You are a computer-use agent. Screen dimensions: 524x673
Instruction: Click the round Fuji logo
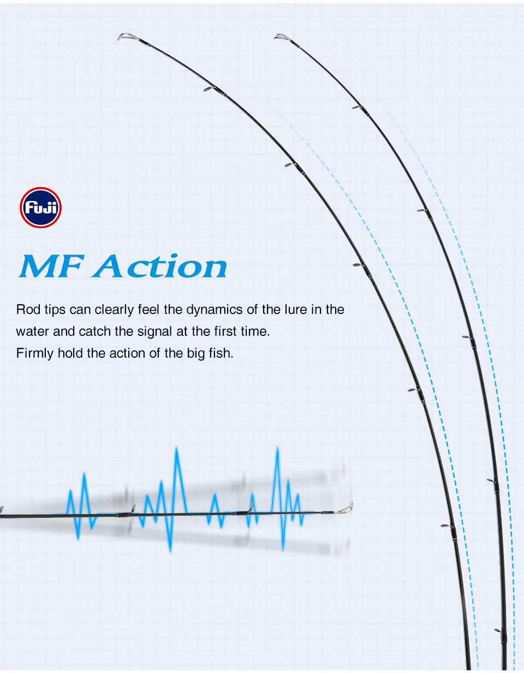[40, 208]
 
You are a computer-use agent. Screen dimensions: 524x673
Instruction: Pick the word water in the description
[33, 332]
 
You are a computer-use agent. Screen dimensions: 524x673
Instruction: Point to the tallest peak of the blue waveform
[277, 447]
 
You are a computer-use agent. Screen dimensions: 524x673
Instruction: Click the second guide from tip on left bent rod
[210, 89]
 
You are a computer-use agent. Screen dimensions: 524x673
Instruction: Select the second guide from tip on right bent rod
[357, 107]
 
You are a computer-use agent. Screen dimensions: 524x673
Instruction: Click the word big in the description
[196, 354]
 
